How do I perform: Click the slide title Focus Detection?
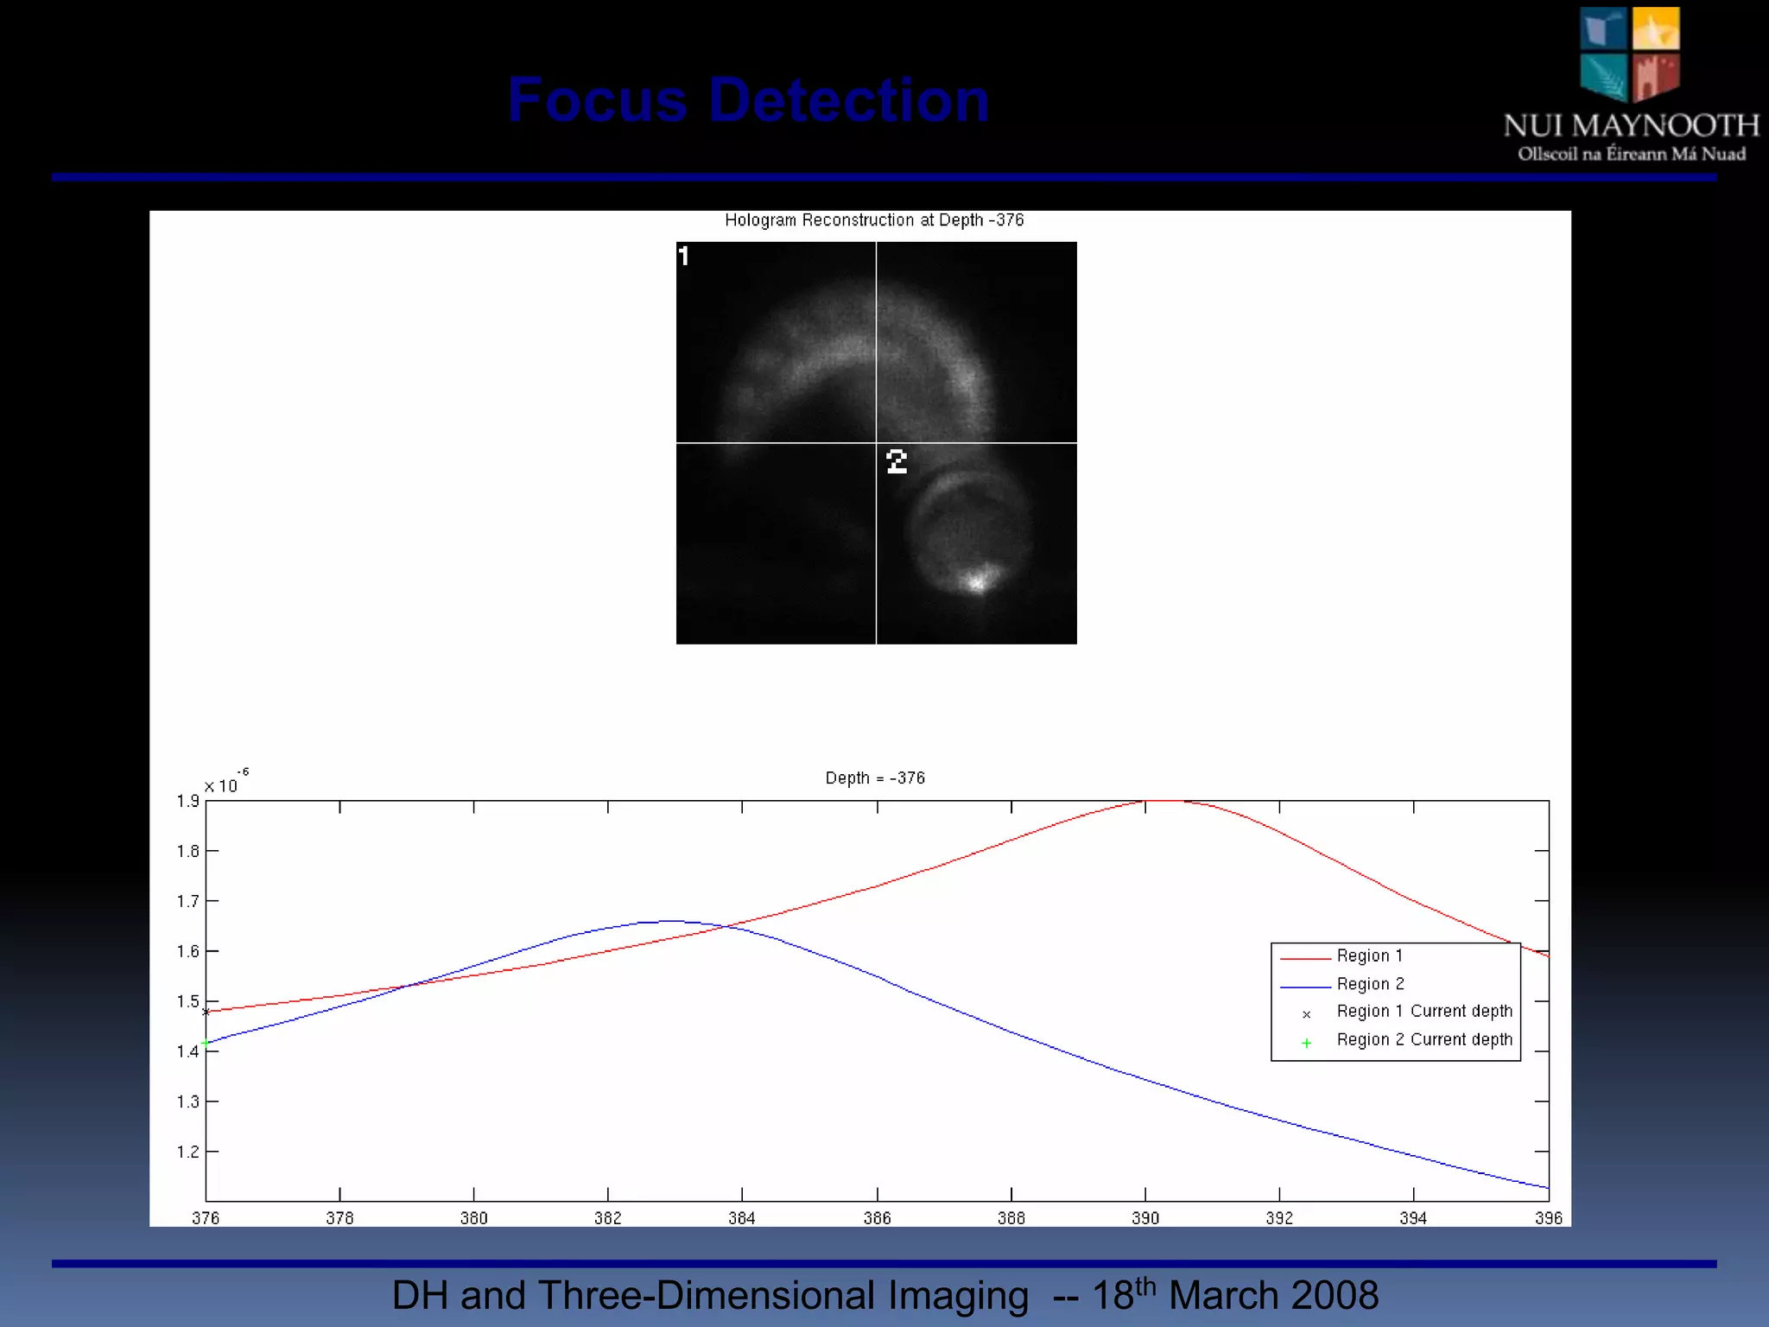pos(748,100)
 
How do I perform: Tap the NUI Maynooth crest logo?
pos(1630,54)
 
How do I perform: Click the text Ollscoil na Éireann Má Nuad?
pos(1632,155)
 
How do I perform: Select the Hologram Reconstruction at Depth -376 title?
pos(874,220)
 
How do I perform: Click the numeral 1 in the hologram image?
pos(684,257)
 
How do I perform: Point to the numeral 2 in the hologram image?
pos(897,461)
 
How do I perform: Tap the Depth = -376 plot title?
pos(875,778)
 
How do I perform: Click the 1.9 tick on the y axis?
pos(187,802)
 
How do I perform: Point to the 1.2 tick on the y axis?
pos(187,1152)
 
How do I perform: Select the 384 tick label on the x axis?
pos(742,1218)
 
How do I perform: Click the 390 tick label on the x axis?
pos(1145,1218)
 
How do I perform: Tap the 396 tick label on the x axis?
pos(1548,1218)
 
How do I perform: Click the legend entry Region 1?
pos(1370,956)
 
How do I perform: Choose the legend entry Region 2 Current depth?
pos(1424,1040)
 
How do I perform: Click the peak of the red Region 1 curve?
pos(1166,801)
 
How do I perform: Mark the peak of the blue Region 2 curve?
pos(672,921)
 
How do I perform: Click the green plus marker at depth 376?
pos(206,1044)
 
